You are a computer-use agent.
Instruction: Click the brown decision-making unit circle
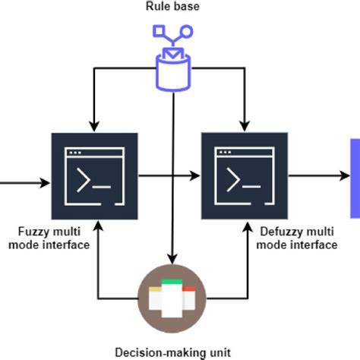click(x=174, y=297)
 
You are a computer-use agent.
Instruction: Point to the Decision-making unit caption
click(x=174, y=352)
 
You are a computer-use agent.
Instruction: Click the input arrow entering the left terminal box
click(x=23, y=183)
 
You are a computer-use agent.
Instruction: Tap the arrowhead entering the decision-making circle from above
click(x=174, y=259)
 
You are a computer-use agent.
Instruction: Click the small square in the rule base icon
click(x=159, y=31)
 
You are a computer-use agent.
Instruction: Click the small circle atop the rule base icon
click(x=187, y=31)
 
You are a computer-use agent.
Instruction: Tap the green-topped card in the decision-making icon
click(x=174, y=292)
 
